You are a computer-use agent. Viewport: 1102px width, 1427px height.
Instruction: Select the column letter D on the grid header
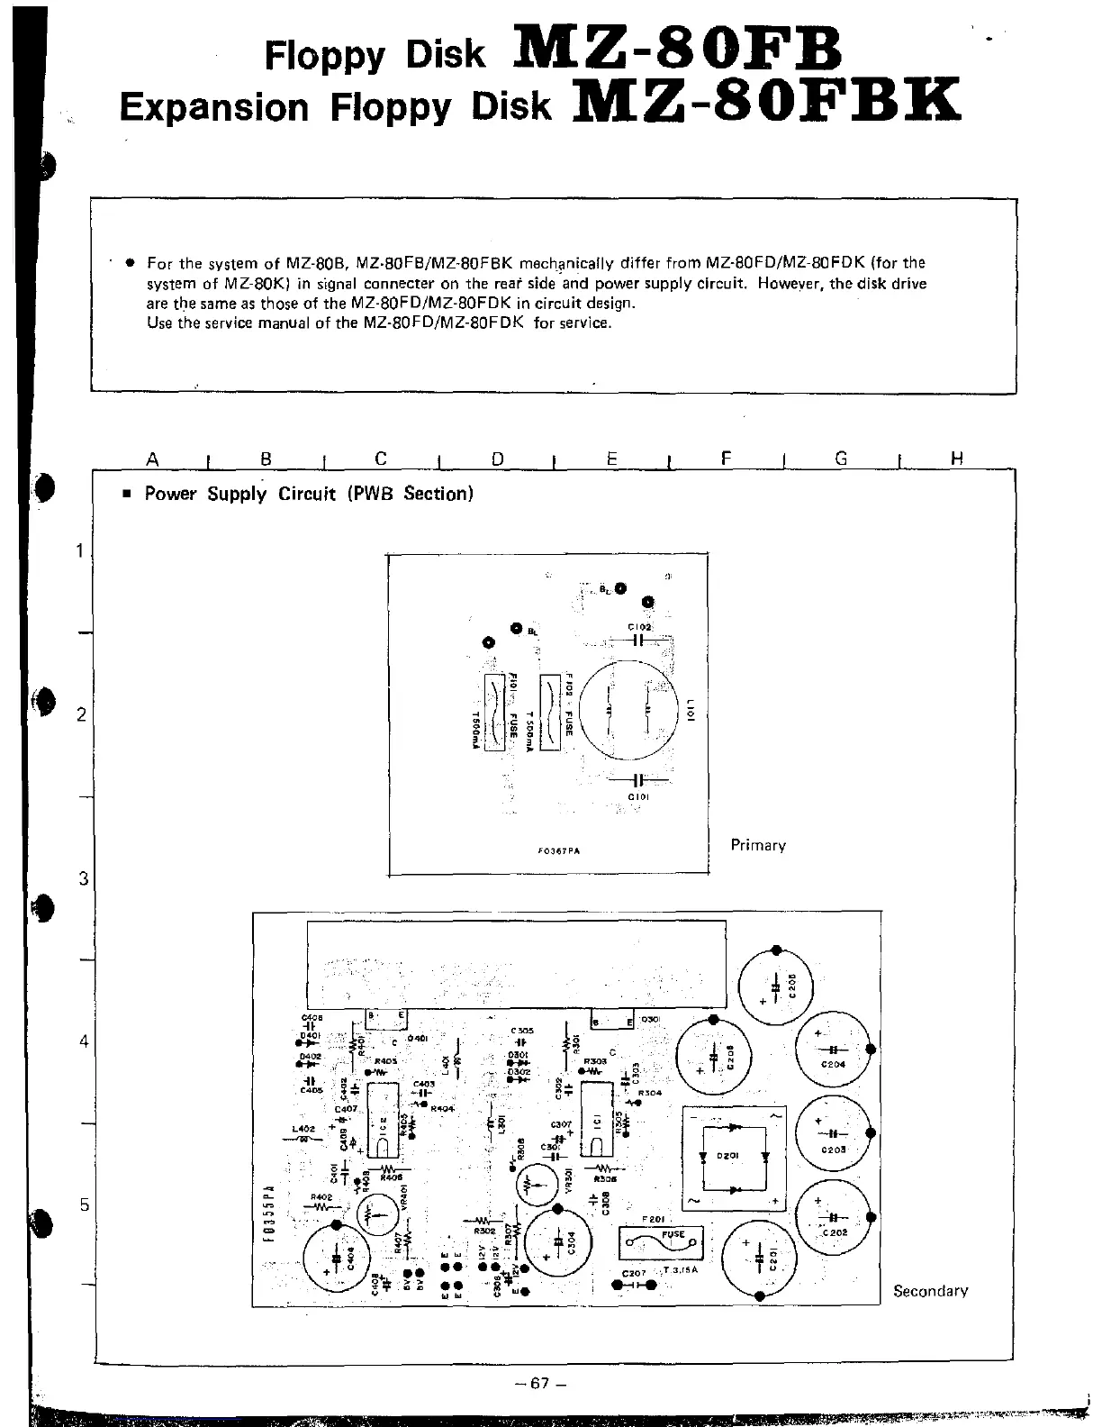point(497,459)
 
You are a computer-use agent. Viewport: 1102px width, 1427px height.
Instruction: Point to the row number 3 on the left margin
point(83,878)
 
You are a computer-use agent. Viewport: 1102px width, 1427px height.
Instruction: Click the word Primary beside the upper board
point(758,845)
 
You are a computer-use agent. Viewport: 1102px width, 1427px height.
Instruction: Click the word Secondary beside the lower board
point(930,1291)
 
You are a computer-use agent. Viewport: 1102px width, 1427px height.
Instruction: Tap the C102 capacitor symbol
point(639,641)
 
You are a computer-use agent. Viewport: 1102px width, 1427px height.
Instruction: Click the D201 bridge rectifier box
point(731,1157)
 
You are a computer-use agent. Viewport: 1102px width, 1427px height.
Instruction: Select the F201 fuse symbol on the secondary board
point(661,1244)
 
